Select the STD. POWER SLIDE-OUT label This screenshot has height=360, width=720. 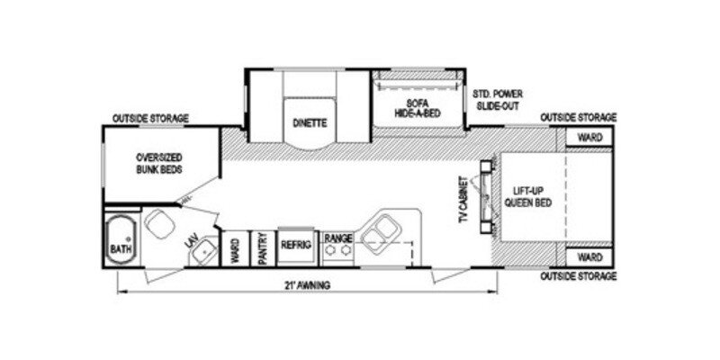click(x=499, y=99)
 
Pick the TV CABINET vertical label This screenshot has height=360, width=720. click(x=463, y=200)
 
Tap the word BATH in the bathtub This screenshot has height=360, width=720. click(x=120, y=248)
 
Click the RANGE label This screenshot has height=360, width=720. click(x=338, y=238)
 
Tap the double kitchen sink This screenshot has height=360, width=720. click(x=384, y=229)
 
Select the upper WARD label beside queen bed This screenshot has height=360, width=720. click(x=589, y=138)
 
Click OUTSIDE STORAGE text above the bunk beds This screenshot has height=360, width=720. click(x=150, y=118)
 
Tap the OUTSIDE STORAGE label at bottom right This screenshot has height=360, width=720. click(x=578, y=275)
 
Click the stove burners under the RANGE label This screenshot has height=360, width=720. click(x=338, y=253)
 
